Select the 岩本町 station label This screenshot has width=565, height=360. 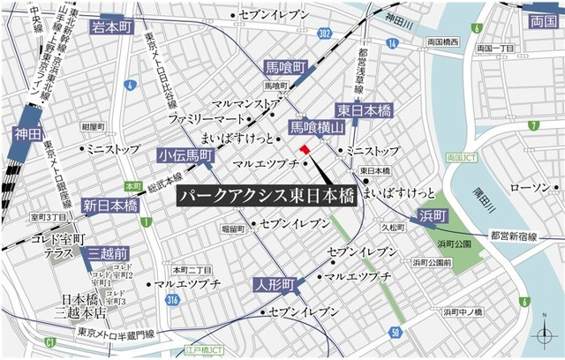111,27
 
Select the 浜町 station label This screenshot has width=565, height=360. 434,214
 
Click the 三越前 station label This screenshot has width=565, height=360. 109,254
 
